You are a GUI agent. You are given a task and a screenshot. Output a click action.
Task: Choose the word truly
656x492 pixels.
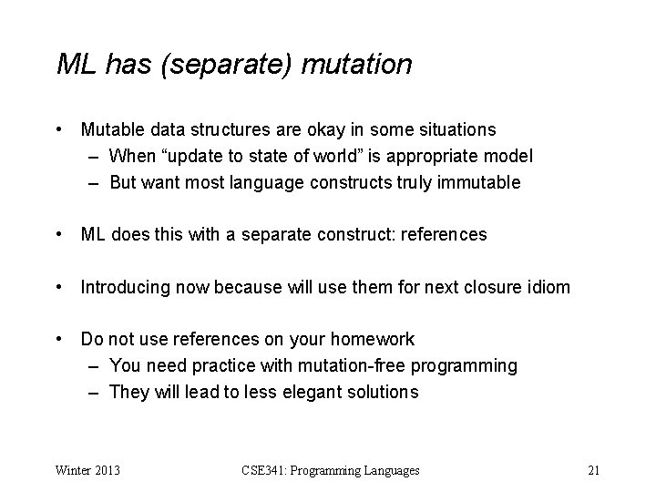414,182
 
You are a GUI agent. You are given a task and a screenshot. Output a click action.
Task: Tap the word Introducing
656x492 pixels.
124,288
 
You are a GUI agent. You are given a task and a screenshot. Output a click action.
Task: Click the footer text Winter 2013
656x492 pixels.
89,471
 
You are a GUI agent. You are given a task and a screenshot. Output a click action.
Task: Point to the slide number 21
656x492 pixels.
593,471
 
